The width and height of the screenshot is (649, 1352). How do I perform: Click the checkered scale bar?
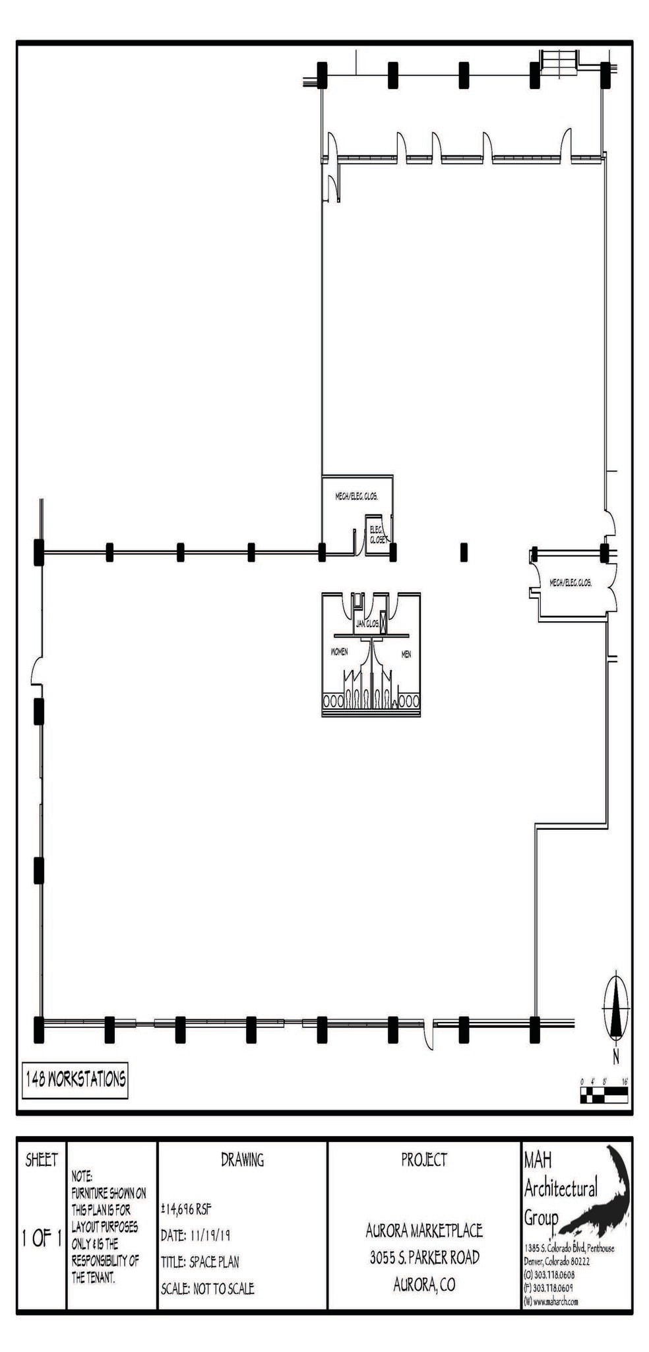603,1098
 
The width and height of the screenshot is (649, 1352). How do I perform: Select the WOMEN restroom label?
338,652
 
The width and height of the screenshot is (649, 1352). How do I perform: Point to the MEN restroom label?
406,654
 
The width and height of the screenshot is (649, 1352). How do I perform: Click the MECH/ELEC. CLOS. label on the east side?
571,583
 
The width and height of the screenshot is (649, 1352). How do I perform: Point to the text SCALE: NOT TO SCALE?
207,1288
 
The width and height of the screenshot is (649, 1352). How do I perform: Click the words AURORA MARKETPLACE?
424,1230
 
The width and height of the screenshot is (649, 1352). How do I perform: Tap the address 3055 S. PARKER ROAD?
424,1257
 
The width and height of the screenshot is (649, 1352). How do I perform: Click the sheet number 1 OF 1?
41,1238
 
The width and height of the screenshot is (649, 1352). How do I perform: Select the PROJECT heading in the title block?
423,1159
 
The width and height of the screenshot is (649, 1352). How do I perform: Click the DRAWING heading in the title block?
242,1159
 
